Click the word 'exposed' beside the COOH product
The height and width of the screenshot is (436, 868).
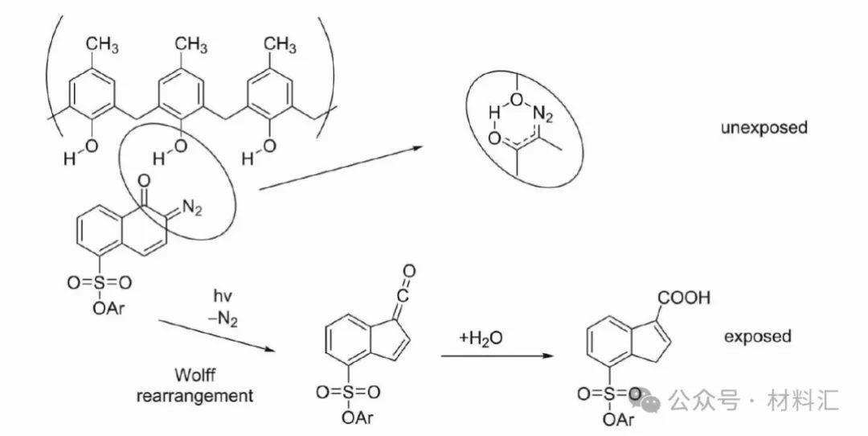pyautogui.click(x=758, y=336)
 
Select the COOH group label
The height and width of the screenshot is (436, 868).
pyautogui.click(x=684, y=298)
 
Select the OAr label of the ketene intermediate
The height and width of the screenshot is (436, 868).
pyautogui.click(x=355, y=417)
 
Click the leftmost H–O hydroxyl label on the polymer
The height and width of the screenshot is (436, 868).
pyautogui.click(x=80, y=154)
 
